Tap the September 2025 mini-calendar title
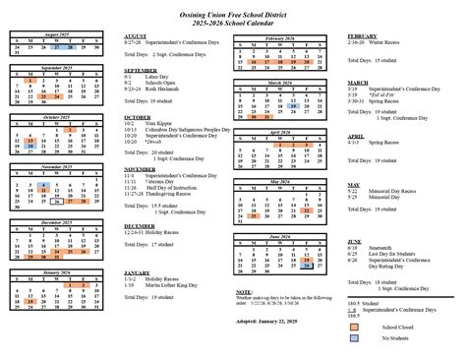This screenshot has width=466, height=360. coord(58,67)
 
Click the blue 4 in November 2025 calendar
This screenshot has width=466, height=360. coord(48,183)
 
